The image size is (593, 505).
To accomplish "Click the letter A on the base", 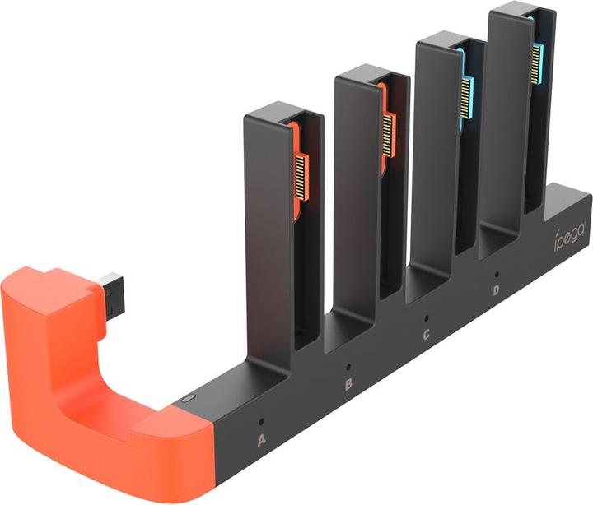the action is click(261, 440).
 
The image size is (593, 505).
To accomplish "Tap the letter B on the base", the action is click(348, 385).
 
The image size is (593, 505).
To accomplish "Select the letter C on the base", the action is click(427, 334).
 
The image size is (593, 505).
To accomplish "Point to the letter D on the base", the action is click(496, 290).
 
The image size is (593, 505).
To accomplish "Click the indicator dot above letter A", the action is click(260, 421).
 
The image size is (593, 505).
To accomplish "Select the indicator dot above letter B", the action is click(348, 367).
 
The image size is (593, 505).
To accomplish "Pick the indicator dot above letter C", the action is click(427, 318).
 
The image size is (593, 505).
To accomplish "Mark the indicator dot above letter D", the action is click(496, 275).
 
